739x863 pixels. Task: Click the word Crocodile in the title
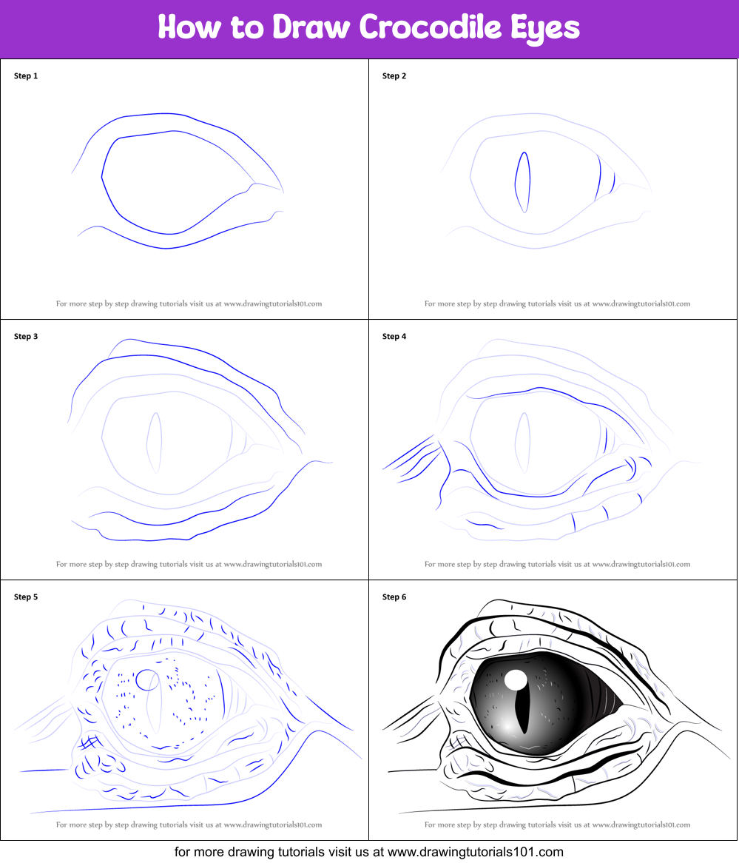click(431, 27)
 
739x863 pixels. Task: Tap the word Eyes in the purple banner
click(544, 28)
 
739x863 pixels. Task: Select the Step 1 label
click(26, 76)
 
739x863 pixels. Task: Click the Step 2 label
click(394, 76)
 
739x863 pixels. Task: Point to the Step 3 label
click(26, 336)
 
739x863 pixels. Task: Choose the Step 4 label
click(394, 336)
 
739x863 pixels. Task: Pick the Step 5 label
click(26, 597)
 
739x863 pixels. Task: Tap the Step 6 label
click(394, 597)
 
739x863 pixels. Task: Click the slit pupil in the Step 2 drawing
click(523, 182)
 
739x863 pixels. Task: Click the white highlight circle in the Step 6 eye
click(516, 679)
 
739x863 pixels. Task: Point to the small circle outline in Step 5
click(147, 679)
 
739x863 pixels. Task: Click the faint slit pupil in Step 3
click(154, 443)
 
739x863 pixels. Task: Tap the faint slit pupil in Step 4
click(523, 443)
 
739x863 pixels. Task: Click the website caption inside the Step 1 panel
click(189, 303)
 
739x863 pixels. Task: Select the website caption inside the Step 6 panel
click(557, 825)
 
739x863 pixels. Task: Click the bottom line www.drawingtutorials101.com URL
click(476, 852)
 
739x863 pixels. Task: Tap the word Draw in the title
click(311, 27)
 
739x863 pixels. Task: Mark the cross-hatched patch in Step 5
click(90, 744)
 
